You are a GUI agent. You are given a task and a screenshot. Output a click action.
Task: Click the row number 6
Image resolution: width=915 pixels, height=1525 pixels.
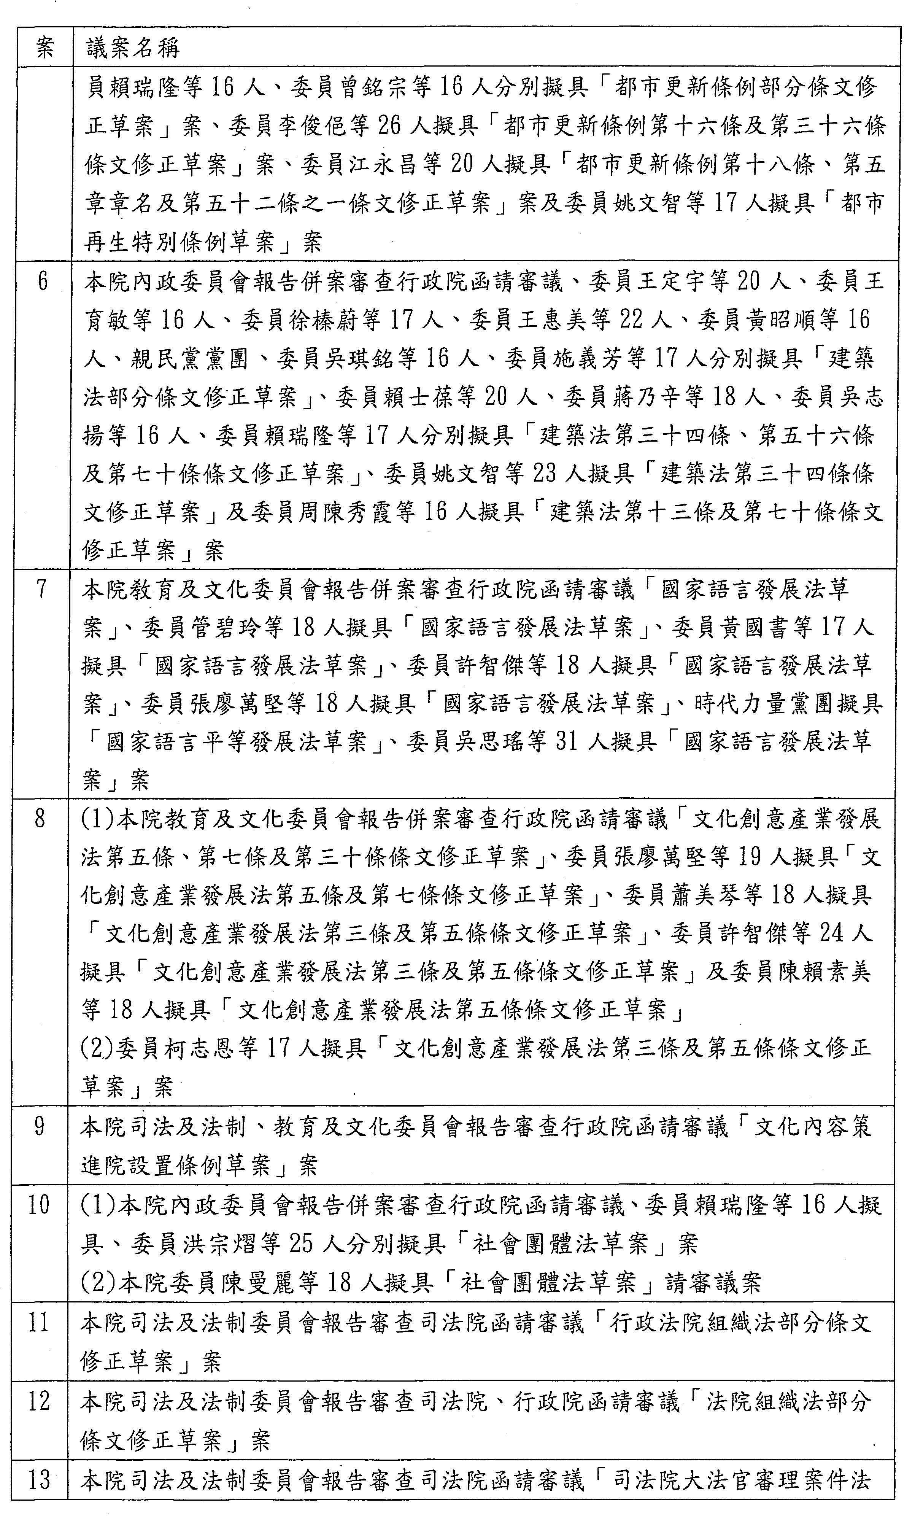pyautogui.click(x=43, y=281)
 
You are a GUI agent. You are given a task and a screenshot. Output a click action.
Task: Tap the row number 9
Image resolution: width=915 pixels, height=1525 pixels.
pyautogui.click(x=40, y=1126)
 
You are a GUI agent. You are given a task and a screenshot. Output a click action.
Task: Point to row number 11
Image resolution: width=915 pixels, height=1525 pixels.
pyautogui.click(x=38, y=1322)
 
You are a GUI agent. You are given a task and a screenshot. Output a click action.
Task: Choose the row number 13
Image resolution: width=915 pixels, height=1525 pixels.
pyautogui.click(x=38, y=1477)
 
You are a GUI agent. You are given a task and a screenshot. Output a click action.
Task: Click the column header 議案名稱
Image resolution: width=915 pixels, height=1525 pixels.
pyautogui.click(x=133, y=48)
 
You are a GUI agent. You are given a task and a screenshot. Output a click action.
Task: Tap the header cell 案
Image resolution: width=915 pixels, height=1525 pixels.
pyautogui.click(x=45, y=48)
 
